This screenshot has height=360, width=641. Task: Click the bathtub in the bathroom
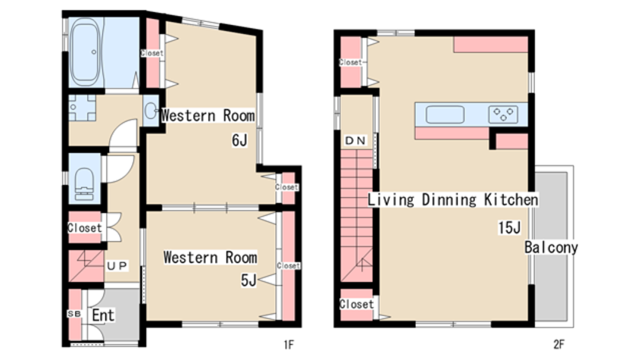pyautogui.click(x=86, y=52)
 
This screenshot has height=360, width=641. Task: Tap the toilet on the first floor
pyautogui.click(x=85, y=181)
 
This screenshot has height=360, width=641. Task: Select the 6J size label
pyautogui.click(x=239, y=140)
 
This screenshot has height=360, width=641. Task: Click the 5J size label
pyautogui.click(x=249, y=280)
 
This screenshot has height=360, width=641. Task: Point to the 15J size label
pyautogui.click(x=509, y=227)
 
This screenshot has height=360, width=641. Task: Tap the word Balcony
pyautogui.click(x=551, y=247)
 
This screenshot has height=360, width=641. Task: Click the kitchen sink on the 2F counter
pyautogui.click(x=445, y=114)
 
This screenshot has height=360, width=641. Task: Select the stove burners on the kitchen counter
pyautogui.click(x=503, y=114)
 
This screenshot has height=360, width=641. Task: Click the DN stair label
pyautogui.click(x=355, y=141)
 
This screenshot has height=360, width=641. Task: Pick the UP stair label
pyautogui.click(x=117, y=266)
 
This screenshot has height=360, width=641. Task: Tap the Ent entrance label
pyautogui.click(x=103, y=315)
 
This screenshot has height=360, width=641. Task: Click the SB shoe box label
pyautogui.click(x=74, y=314)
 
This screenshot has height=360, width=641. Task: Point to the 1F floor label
pyautogui.click(x=289, y=345)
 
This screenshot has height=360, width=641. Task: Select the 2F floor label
pyautogui.click(x=559, y=344)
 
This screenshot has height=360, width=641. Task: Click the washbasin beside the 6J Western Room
pyautogui.click(x=150, y=110)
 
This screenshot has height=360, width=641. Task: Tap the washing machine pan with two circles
pyautogui.click(x=82, y=108)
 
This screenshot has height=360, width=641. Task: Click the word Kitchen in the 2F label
pyautogui.click(x=511, y=199)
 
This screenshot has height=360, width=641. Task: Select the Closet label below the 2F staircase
pyautogui.click(x=356, y=304)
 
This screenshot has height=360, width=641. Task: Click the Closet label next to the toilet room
pyautogui.click(x=85, y=227)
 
